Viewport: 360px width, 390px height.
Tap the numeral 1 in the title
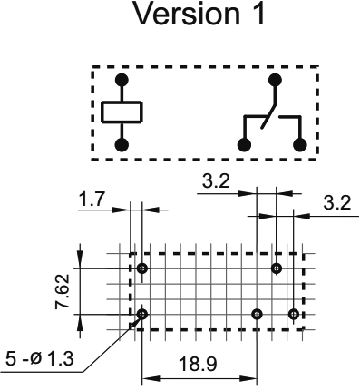pyautogui.click(x=257, y=16)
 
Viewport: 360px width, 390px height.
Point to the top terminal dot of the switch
pyautogui.click(x=276, y=80)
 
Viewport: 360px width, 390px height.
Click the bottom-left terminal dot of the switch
pyautogui.click(x=243, y=144)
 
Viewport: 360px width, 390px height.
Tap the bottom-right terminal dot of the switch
pyautogui.click(x=302, y=144)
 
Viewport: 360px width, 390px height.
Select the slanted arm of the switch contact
pyautogui.click(x=268, y=112)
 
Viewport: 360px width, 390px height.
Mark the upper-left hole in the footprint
pyautogui.click(x=143, y=268)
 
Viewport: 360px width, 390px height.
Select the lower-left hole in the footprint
pyautogui.click(x=142, y=314)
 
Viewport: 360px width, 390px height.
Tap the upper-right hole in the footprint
pyautogui.click(x=277, y=268)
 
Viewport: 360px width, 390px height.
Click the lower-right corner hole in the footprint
pyautogui.click(x=293, y=314)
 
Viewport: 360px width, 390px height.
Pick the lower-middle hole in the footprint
pyautogui.click(x=258, y=314)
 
